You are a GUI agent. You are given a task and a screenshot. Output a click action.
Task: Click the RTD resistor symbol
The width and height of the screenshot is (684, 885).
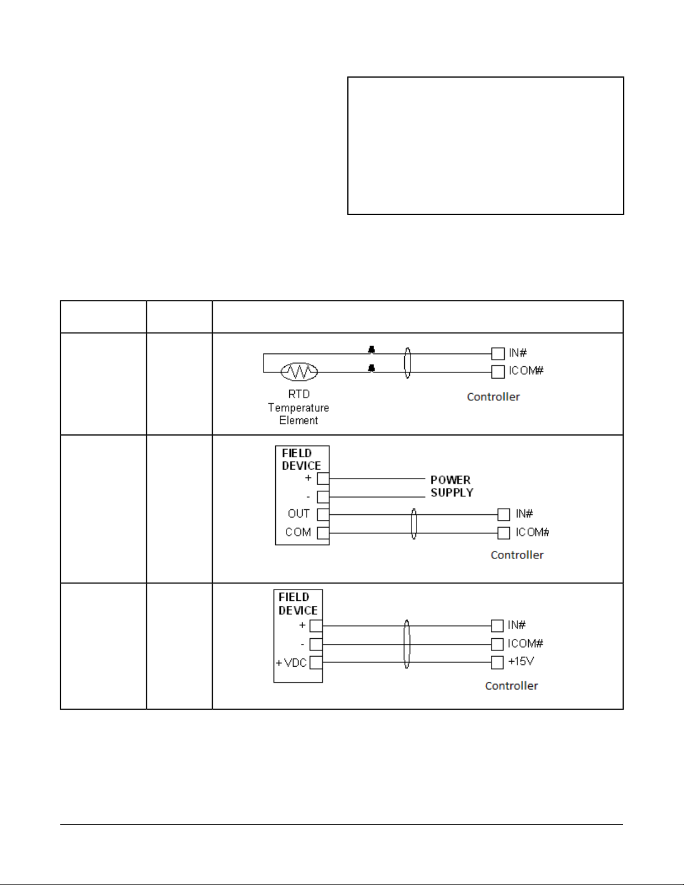click(x=299, y=371)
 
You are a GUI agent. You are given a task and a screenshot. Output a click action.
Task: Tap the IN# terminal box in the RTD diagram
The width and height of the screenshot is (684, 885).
click(x=498, y=353)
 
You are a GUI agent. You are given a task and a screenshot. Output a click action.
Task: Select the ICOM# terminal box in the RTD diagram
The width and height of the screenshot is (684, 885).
click(x=498, y=372)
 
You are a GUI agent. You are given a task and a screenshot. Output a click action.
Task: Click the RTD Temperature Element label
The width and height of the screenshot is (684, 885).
click(x=299, y=408)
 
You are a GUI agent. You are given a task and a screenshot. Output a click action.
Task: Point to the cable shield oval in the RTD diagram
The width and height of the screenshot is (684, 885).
click(x=408, y=363)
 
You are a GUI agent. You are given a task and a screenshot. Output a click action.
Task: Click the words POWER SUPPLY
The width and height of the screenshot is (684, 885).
click(x=451, y=486)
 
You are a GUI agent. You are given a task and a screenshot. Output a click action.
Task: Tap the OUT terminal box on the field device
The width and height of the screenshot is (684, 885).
click(x=323, y=515)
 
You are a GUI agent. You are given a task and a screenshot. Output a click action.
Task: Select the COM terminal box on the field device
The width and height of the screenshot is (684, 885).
click(x=323, y=533)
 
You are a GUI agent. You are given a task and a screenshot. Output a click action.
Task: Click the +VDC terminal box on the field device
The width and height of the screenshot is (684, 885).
click(x=316, y=663)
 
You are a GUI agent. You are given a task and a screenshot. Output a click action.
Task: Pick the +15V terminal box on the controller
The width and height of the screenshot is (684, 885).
click(x=497, y=663)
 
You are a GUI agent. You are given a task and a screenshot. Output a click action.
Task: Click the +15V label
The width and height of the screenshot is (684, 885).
click(x=521, y=662)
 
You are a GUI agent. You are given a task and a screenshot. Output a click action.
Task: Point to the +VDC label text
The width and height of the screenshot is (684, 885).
click(x=291, y=663)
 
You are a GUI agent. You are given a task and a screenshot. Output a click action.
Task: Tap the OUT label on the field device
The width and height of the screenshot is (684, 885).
click(x=299, y=514)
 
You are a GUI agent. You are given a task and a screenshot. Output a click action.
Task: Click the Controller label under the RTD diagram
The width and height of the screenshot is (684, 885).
click(x=493, y=397)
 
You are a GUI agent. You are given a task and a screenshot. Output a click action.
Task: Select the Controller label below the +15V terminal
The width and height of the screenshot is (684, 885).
click(x=511, y=686)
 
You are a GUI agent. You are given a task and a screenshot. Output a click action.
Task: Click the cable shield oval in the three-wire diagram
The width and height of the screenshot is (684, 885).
click(x=407, y=644)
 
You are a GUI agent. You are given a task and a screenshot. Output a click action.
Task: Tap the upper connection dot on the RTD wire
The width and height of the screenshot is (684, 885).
click(x=371, y=350)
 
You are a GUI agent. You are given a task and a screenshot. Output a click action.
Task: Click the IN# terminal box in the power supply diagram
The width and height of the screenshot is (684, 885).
click(x=504, y=515)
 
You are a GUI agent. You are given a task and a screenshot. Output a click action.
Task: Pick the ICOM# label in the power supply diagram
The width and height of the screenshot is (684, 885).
click(x=532, y=532)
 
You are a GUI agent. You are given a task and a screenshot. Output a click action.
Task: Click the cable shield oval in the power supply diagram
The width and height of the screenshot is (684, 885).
click(x=414, y=524)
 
